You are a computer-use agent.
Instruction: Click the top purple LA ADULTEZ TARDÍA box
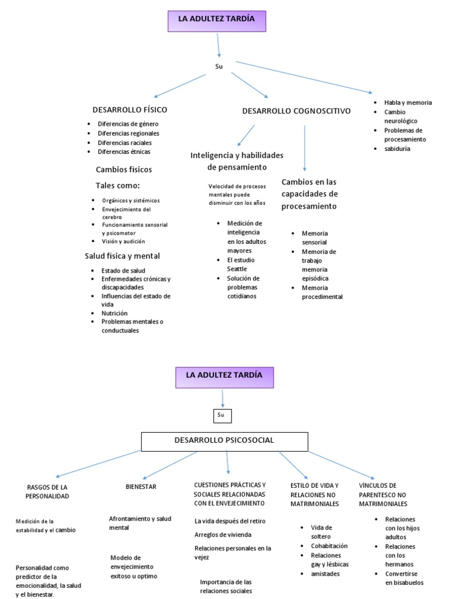[x=217, y=20]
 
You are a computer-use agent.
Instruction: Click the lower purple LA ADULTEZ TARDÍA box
[x=224, y=377]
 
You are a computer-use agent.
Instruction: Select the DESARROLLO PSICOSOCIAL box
[x=224, y=442]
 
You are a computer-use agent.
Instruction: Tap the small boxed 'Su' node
[x=221, y=415]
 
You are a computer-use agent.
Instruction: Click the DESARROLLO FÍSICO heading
[x=129, y=109]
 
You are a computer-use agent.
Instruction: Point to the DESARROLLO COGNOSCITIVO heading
[x=296, y=110]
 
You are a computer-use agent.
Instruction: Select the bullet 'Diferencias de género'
[x=128, y=124]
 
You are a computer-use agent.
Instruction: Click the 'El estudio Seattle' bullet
[x=240, y=264]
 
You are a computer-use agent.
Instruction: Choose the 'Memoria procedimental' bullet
[x=322, y=292]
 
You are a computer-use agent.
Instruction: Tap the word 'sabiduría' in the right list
[x=397, y=149]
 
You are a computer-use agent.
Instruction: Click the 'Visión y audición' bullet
[x=123, y=241]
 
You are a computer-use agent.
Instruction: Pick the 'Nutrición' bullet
[x=114, y=313]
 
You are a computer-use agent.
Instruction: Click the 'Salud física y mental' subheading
[x=122, y=256]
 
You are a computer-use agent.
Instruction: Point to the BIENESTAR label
[x=141, y=486]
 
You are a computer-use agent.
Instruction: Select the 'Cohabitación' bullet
[x=329, y=546]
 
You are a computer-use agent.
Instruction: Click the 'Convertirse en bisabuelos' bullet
[x=404, y=578]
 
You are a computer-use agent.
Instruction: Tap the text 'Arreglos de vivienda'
[x=223, y=534]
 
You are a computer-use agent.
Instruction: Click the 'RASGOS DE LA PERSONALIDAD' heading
[x=47, y=491]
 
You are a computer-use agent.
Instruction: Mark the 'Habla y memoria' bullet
[x=408, y=102]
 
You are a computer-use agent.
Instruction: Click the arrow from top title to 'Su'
[x=219, y=45]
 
